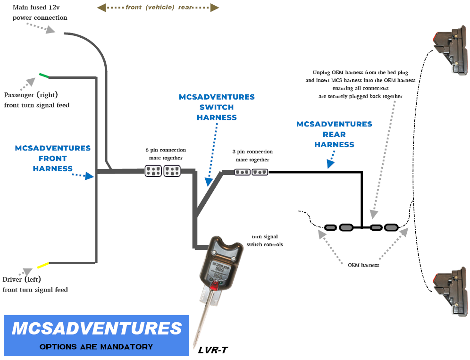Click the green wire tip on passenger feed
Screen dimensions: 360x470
[44, 75]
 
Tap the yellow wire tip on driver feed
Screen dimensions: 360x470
[43, 265]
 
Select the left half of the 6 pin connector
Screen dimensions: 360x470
[153, 171]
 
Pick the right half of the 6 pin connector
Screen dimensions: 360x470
[172, 171]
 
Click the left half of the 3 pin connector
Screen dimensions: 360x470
[243, 172]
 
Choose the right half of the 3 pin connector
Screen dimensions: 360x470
[260, 172]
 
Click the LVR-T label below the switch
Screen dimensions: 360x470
[212, 350]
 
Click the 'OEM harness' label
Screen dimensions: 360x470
[363, 265]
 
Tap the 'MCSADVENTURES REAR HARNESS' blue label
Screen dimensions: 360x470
[334, 134]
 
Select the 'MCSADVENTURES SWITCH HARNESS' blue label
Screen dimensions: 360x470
[217, 107]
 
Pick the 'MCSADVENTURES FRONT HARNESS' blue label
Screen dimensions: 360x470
[52, 158]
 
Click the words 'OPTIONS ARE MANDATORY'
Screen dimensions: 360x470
[96, 347]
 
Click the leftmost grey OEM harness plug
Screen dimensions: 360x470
[331, 227]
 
